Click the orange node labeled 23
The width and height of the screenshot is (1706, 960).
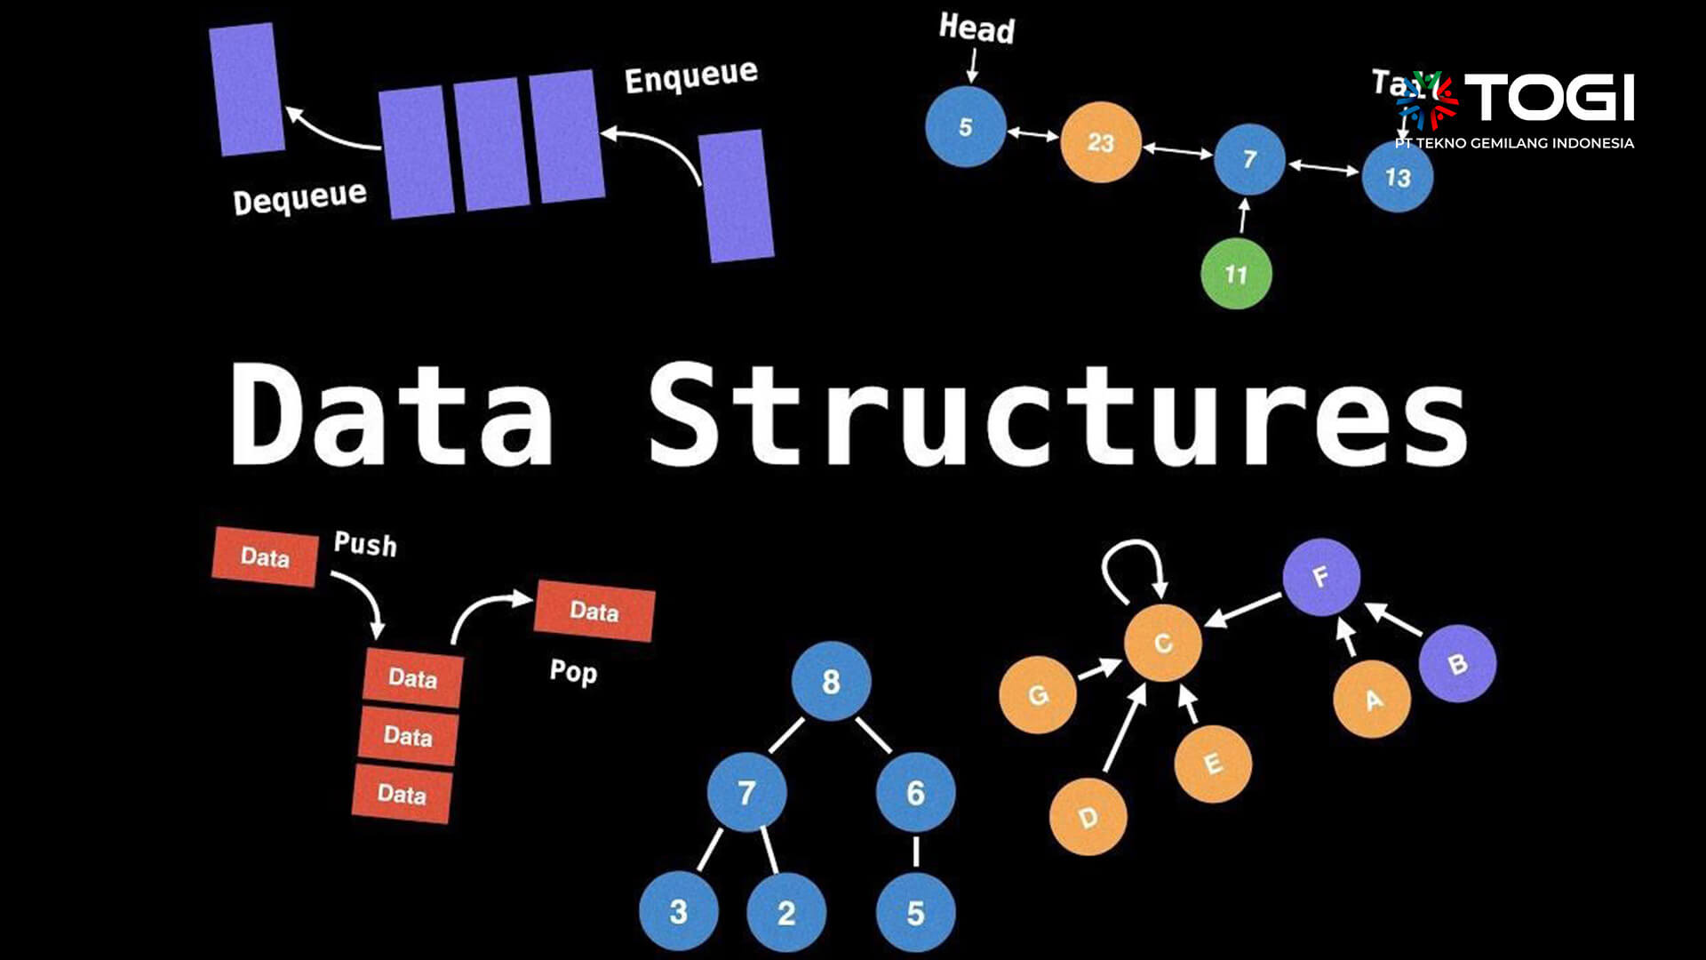[x=1100, y=142]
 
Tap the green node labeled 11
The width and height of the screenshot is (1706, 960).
[x=1236, y=274]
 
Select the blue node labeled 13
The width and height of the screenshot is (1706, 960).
[x=1397, y=177]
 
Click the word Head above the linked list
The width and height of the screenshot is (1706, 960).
[x=977, y=28]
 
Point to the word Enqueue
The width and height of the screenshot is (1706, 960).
[x=690, y=76]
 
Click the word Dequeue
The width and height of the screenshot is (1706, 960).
[x=299, y=197]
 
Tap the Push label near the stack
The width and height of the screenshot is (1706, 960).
[x=365, y=543]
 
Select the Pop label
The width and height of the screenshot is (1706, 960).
[x=573, y=671]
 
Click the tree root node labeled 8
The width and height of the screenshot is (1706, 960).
[x=831, y=682]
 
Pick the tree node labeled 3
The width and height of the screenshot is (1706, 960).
[x=678, y=911]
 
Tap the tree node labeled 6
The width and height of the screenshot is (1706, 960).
[x=915, y=792]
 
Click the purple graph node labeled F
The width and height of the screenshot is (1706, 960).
[x=1321, y=577]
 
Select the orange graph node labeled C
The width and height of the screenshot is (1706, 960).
[x=1162, y=644]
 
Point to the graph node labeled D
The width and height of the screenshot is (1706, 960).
[x=1088, y=817]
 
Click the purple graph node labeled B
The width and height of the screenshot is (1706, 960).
[x=1457, y=664]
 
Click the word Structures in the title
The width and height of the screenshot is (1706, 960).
[x=1057, y=413]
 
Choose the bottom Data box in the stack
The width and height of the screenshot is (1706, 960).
[x=402, y=793]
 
